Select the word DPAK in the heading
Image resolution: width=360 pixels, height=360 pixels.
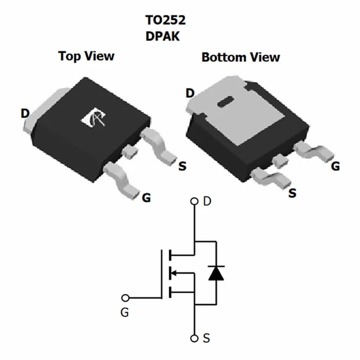point(163,35)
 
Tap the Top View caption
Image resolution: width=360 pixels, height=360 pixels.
point(86,56)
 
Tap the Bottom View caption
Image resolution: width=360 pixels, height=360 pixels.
point(241,57)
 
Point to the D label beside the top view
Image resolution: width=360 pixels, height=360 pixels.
point(25,114)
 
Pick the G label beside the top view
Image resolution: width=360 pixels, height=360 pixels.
point(146,198)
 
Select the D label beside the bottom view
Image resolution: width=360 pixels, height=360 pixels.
point(190,93)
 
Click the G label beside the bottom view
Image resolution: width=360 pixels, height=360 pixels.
point(335,166)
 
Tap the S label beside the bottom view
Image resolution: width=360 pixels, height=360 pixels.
point(292,193)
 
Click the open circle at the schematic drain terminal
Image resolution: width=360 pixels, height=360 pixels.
point(195,201)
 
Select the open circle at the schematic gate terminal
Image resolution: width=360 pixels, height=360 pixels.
point(126,298)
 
